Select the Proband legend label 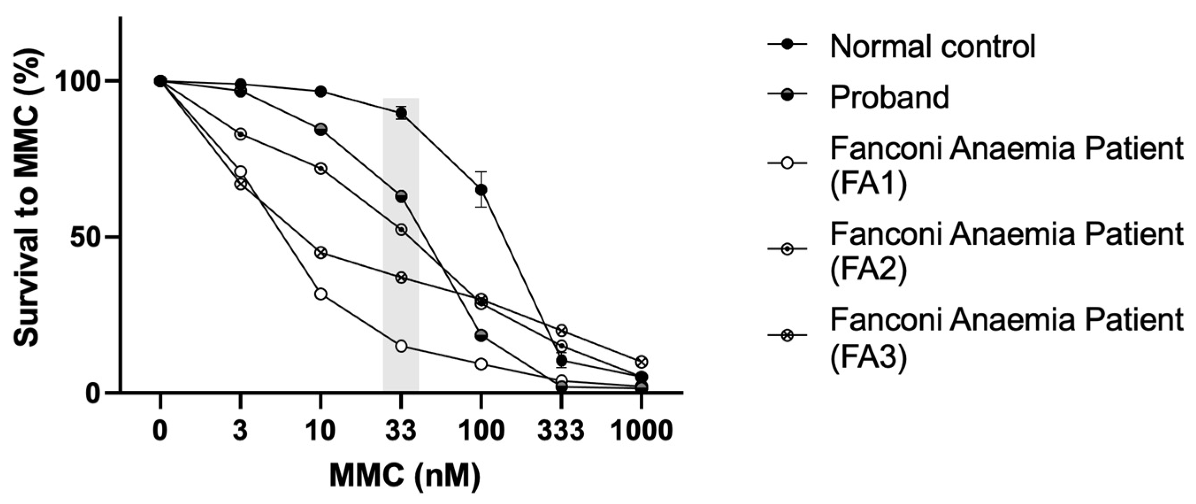(x=889, y=97)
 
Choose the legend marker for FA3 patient (x=787, y=335)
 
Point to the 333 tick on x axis (x=562, y=431)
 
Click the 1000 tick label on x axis (x=642, y=431)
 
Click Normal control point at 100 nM (x=481, y=189)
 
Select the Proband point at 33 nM (x=401, y=196)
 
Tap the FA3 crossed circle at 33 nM (x=401, y=277)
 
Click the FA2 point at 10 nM (x=321, y=168)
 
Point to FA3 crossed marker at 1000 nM (x=642, y=361)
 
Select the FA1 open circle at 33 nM (x=401, y=346)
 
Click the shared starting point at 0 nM (x=160, y=81)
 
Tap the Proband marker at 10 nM (x=321, y=130)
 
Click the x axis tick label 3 (x=241, y=431)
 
